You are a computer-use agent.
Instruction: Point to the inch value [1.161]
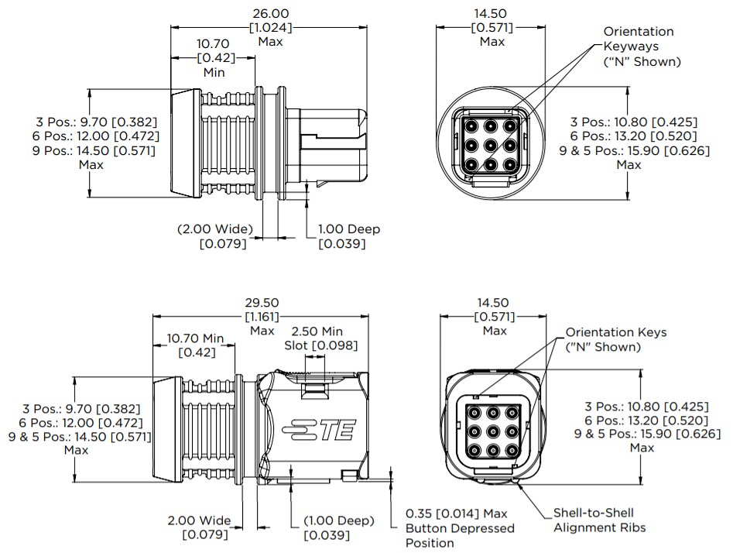coord(262,317)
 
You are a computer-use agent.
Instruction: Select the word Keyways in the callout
coord(629,46)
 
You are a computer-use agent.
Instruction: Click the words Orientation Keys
coord(615,332)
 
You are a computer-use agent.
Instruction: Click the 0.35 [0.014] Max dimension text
coord(457,513)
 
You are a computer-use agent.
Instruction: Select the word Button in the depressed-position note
coord(427,528)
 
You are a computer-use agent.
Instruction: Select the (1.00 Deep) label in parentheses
coord(339,520)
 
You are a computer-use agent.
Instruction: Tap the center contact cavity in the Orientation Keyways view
coord(489,144)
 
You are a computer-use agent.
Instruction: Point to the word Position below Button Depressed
coord(430,543)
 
